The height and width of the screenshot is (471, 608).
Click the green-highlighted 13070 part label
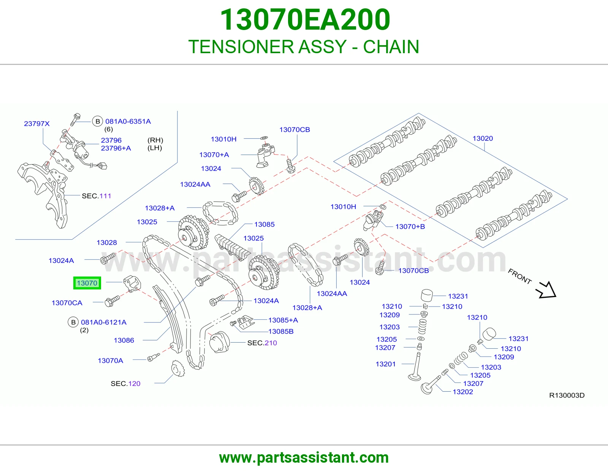[87, 283]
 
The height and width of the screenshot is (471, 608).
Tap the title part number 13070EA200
[305, 20]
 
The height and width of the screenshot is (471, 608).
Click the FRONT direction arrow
[546, 290]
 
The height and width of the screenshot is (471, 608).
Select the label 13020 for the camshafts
[483, 138]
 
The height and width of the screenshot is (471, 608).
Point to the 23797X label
[36, 123]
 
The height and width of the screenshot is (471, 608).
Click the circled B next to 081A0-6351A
[97, 122]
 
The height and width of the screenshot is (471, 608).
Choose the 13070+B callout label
[410, 226]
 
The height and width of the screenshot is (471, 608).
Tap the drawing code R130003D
[567, 395]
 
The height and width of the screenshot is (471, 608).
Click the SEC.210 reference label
[262, 343]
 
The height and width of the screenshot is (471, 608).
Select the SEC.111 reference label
[96, 196]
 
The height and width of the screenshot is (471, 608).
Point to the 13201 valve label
[385, 364]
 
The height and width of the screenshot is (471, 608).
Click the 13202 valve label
[463, 392]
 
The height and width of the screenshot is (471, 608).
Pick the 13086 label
[123, 340]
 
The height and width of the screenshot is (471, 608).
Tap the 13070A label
[110, 360]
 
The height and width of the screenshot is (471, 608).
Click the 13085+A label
[283, 320]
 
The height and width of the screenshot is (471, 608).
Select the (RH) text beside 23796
[155, 140]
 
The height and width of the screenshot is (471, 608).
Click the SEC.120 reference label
[125, 384]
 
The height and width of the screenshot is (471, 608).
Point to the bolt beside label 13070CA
[112, 301]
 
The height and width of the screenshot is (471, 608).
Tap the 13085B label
[281, 332]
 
